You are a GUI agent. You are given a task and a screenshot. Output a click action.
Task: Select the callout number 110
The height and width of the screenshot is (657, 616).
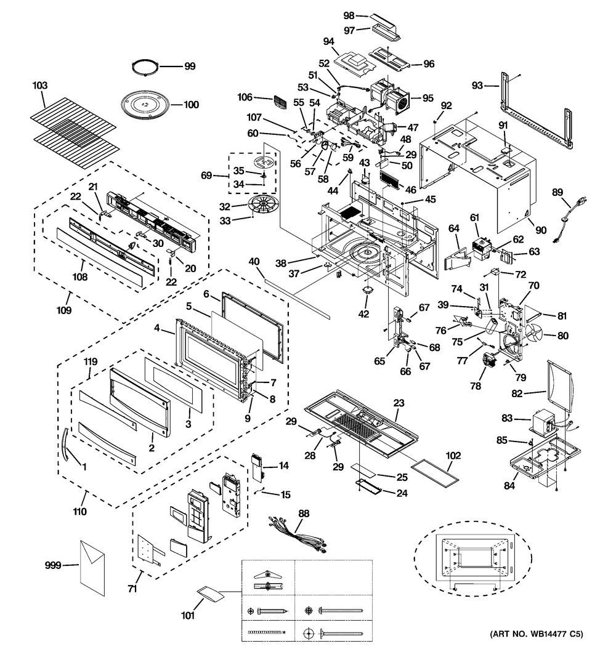[80, 512]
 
